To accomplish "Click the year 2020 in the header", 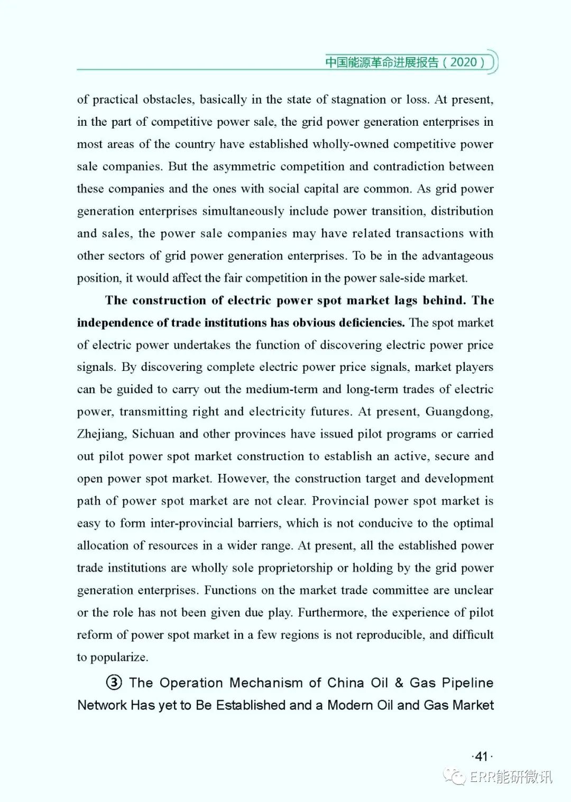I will coord(464,62).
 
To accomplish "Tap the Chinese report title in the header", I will coord(382,62).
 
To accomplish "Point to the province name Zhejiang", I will coord(102,434).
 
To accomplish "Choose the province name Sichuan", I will coord(153,434).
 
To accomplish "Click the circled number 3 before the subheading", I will coord(114,683).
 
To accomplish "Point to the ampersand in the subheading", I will coord(399,683).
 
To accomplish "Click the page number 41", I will coord(481,757).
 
